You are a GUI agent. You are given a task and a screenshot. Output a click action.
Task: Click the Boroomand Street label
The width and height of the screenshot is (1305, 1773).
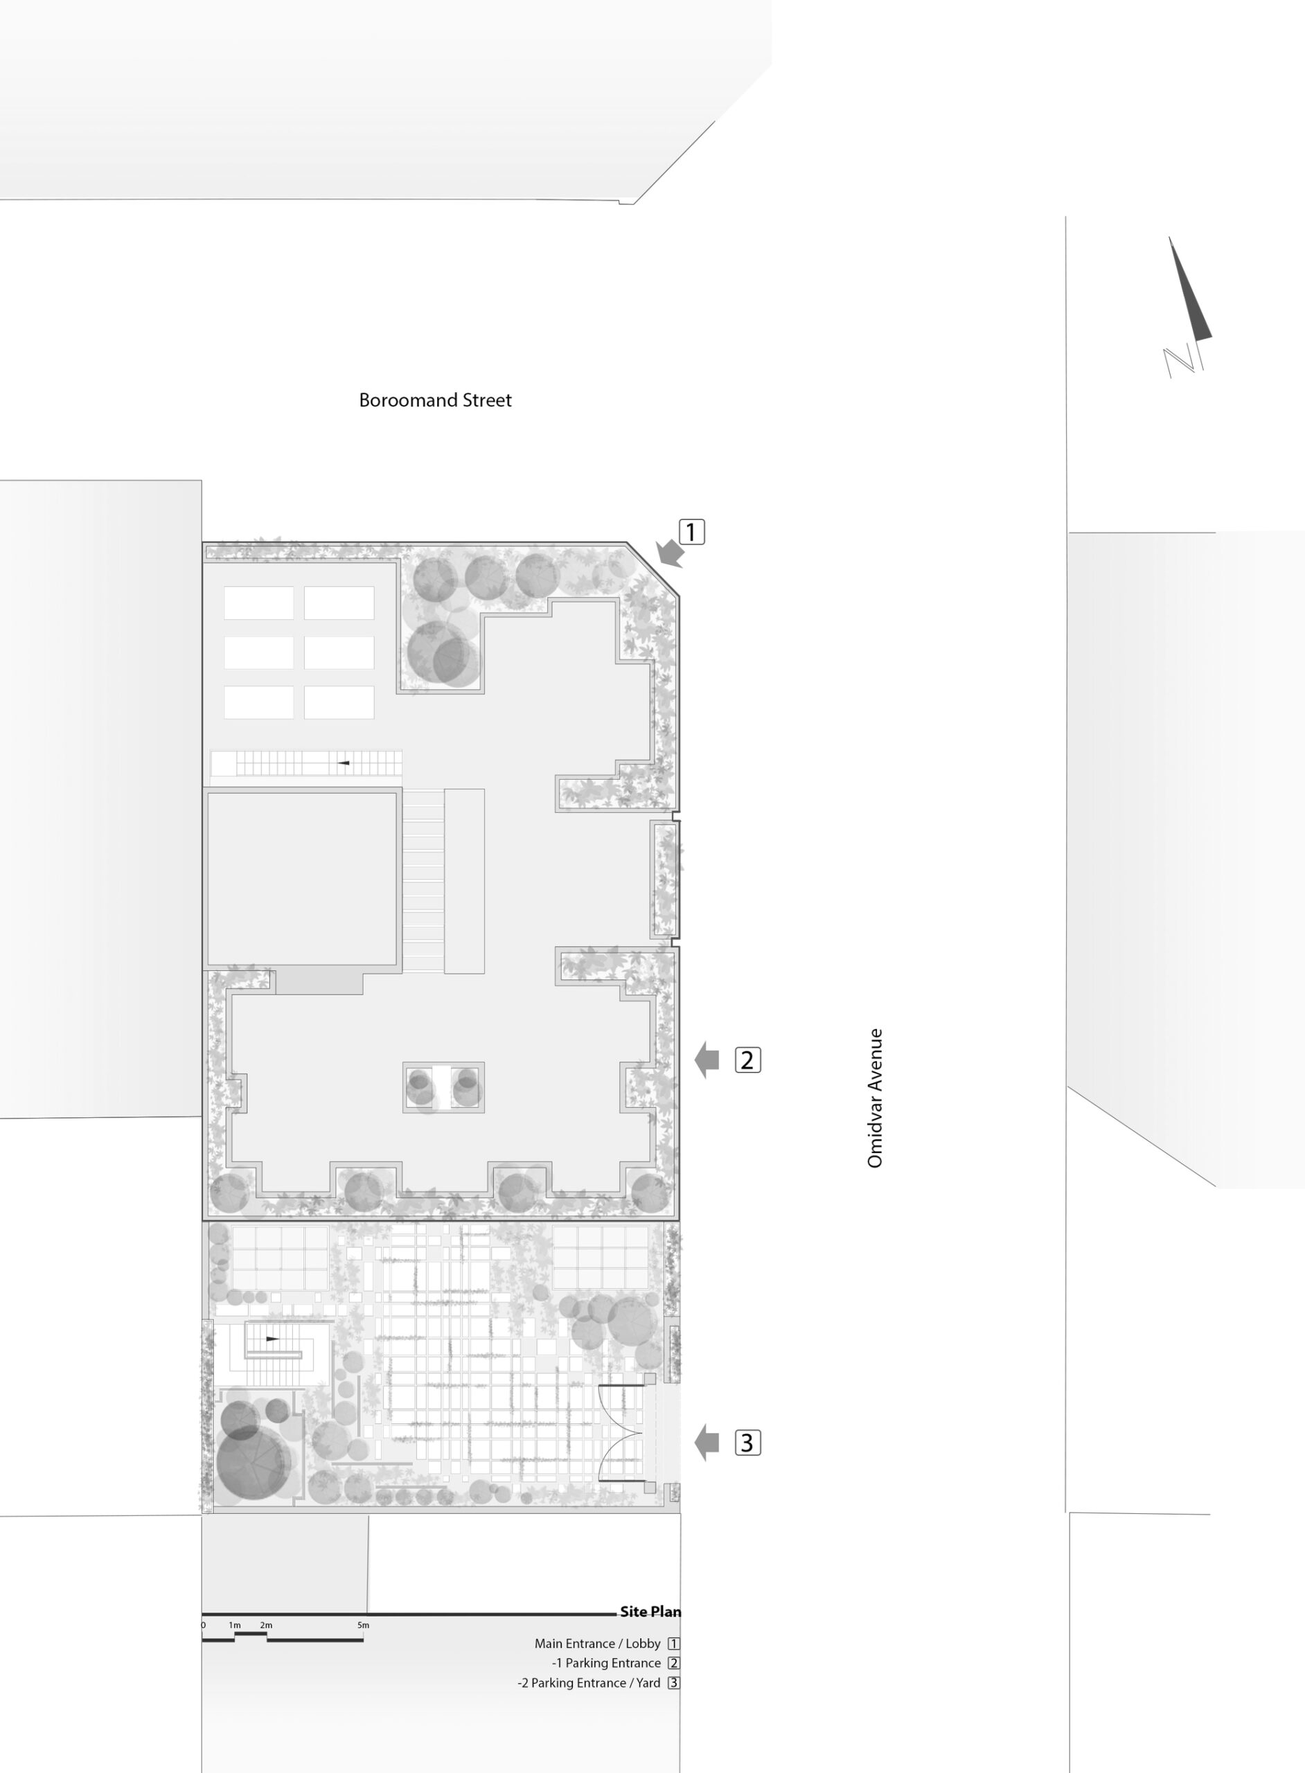point(435,400)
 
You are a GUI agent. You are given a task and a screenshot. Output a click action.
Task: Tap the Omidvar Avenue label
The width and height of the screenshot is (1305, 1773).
point(874,1098)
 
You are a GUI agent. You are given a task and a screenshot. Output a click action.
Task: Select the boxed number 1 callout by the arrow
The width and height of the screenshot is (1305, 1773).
point(691,533)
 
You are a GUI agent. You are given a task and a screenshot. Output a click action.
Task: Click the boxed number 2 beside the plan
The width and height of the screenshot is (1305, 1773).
point(748,1060)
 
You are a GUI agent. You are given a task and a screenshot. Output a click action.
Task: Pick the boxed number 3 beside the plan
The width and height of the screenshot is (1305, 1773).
point(748,1443)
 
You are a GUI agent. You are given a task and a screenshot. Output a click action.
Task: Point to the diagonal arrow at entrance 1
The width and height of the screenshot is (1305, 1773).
point(670,553)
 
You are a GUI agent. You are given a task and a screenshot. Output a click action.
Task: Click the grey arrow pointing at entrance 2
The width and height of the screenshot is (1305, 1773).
point(707,1060)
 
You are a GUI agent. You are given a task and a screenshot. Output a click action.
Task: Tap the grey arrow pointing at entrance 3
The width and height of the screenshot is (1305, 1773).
point(707,1443)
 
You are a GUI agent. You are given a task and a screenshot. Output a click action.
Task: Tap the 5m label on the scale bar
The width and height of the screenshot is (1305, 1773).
point(362,1625)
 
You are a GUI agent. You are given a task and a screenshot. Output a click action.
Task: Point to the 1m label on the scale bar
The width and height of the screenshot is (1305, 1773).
point(235,1625)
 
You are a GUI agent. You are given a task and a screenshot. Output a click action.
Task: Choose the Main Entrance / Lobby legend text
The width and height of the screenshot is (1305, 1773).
point(597,1643)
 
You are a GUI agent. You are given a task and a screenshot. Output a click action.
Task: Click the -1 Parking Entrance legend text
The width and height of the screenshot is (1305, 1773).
point(607,1663)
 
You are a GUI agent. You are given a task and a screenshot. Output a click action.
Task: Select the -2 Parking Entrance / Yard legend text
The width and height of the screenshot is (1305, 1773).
point(589,1683)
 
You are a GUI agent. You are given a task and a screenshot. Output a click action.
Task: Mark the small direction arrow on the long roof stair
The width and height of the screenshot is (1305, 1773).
point(344,763)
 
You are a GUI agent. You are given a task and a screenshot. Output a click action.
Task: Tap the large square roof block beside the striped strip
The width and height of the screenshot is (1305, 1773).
point(301,878)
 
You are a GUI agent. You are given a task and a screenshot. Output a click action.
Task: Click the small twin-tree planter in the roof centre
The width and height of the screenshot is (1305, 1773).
point(443,1087)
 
